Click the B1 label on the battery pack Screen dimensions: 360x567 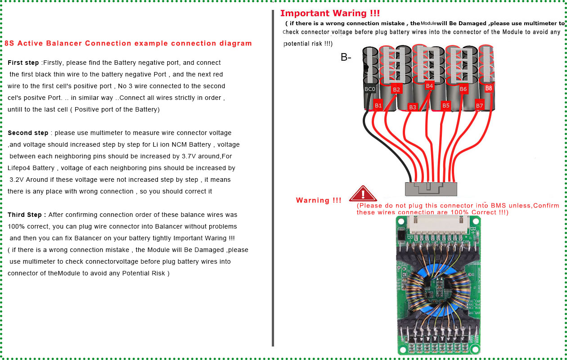(378, 106)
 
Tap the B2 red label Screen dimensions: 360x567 (396, 90)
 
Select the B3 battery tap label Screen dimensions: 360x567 (413, 107)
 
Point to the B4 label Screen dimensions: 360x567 (429, 85)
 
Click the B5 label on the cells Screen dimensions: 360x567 (445, 106)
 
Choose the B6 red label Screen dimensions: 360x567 (463, 90)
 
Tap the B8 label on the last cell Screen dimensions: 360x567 (489, 88)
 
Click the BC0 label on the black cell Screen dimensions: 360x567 (369, 90)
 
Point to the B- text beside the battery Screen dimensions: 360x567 (346, 58)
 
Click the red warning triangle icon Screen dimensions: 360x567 (363, 194)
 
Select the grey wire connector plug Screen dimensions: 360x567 (431, 189)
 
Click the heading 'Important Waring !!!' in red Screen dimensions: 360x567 (330, 13)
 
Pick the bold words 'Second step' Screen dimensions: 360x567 (28, 133)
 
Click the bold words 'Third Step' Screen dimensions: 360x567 (27, 215)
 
